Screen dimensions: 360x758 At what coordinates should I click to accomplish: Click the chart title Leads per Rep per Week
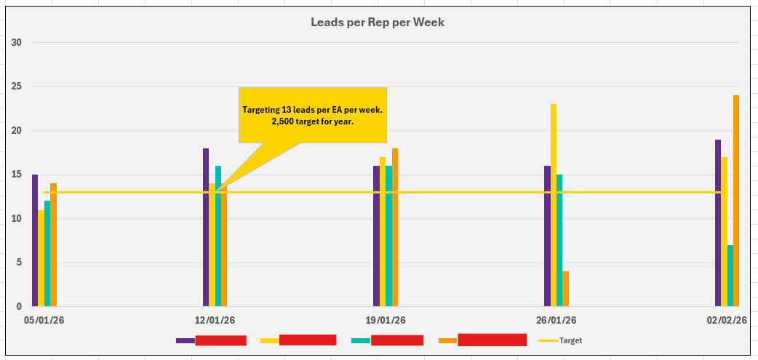(x=378, y=23)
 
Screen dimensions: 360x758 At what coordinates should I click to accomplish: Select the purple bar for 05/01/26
(x=35, y=240)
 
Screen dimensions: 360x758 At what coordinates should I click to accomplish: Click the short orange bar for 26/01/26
(x=566, y=289)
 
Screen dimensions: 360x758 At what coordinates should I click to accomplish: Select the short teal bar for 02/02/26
(x=730, y=276)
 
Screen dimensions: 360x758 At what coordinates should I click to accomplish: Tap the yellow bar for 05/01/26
(x=41, y=258)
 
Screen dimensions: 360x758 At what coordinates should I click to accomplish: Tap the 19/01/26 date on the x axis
(x=386, y=320)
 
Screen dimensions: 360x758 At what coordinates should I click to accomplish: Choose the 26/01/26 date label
(x=556, y=320)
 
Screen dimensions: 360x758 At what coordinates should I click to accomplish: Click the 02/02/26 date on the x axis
(x=727, y=320)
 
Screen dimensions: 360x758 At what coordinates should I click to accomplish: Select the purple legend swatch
(x=185, y=340)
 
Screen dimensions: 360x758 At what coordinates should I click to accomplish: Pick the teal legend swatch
(x=360, y=340)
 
